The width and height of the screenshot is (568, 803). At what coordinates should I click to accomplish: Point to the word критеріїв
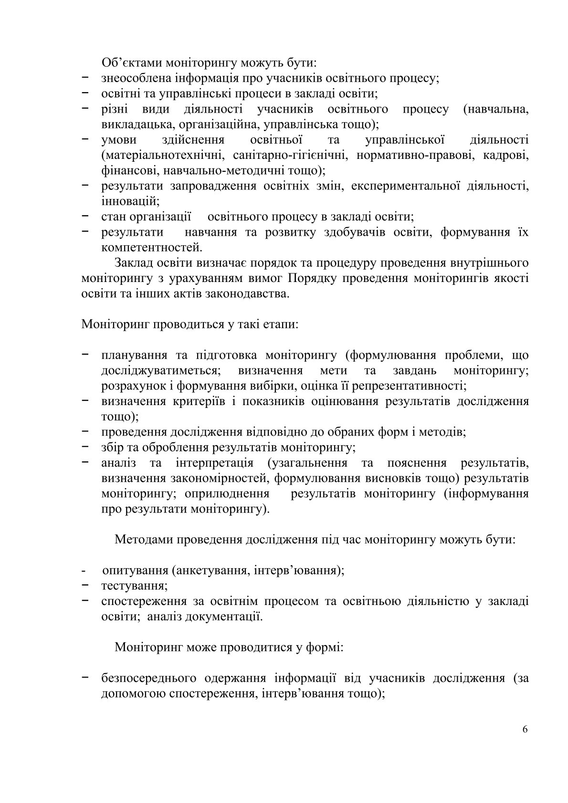(193, 401)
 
